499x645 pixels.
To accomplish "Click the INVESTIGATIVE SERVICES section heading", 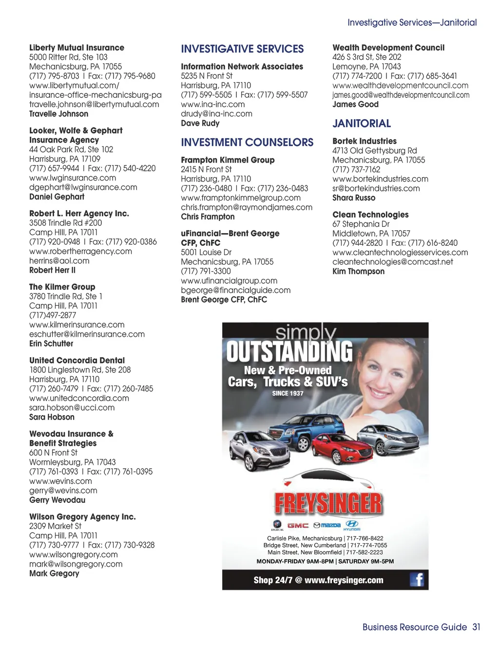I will point(242,49).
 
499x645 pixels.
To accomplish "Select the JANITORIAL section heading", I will point(362,124).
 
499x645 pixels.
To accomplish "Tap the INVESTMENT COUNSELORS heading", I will point(247,143).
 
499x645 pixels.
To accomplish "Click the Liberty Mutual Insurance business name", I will point(77,48).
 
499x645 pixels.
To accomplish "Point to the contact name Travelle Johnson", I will point(58,114).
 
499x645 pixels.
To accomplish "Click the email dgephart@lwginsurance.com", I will point(83,187).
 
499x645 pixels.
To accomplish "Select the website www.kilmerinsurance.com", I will point(77,325).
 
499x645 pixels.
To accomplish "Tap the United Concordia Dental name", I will point(77,360).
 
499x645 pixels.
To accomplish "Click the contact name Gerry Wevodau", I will point(57,500).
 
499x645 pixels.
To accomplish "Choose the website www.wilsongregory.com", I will point(73,554).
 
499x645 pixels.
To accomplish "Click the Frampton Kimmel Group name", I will point(228,160).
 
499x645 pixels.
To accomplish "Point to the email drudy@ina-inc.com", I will point(216,114).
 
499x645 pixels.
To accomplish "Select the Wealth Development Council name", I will point(388,48).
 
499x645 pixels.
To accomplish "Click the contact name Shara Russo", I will point(354,198).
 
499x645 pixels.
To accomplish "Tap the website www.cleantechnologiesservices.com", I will point(400,253).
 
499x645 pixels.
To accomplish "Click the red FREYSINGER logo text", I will point(328,503).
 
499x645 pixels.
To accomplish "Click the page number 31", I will point(476,627).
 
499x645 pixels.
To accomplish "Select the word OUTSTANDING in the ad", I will point(289,351).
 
